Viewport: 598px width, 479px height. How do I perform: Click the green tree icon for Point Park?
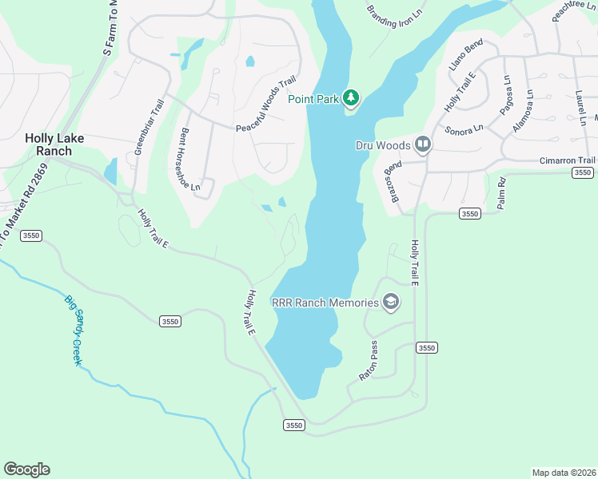point(351,98)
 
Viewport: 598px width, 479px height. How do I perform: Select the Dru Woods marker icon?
point(423,144)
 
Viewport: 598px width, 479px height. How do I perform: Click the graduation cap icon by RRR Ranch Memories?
point(390,302)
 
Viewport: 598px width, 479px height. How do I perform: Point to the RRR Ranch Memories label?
point(325,303)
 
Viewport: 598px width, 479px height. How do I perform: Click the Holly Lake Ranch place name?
point(54,144)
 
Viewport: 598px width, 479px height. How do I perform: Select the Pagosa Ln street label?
point(506,94)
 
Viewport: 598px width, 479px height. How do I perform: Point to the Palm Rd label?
point(502,192)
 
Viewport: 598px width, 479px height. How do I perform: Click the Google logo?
point(26,469)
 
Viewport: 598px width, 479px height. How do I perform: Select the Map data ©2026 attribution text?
point(564,473)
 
